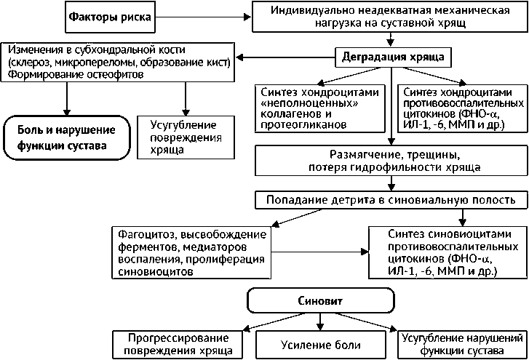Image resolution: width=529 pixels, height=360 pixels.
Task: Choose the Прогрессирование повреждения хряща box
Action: click(x=178, y=345)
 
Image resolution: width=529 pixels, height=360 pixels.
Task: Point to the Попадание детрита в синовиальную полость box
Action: click(x=391, y=199)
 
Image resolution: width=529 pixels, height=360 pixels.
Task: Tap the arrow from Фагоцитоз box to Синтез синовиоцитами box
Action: click(x=320, y=252)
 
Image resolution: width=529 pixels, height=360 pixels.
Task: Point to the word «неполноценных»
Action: click(x=300, y=103)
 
